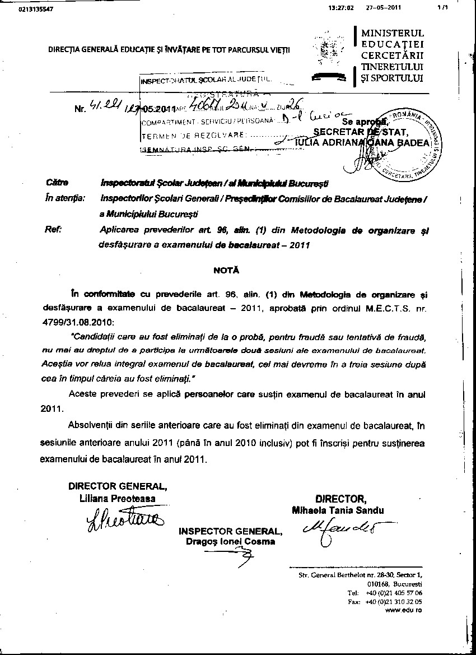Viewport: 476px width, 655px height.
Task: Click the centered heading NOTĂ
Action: (226, 270)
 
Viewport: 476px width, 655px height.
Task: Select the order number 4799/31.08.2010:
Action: (77, 323)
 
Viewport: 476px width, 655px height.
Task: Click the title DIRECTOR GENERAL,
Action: (117, 486)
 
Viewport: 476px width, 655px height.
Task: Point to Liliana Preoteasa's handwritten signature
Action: (125, 521)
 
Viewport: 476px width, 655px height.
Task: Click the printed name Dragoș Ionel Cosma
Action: (230, 541)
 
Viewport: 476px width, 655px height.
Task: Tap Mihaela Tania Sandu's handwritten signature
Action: (340, 530)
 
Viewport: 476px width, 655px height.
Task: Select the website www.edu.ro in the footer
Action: (404, 610)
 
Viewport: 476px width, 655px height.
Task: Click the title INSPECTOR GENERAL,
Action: (230, 531)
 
